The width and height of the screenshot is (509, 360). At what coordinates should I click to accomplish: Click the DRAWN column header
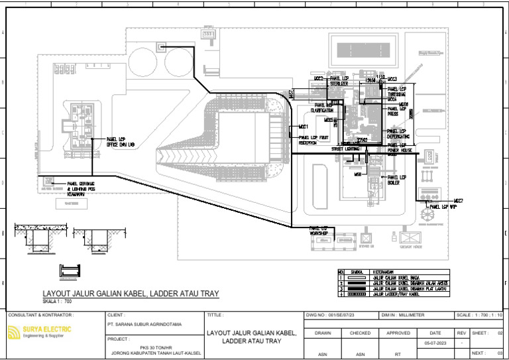click(323, 333)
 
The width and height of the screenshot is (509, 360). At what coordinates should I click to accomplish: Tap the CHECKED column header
click(360, 333)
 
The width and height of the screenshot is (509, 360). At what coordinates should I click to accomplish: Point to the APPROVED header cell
click(398, 333)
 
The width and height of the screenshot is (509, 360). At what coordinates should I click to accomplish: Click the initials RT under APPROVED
click(398, 354)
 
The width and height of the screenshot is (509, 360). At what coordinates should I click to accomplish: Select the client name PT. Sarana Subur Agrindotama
click(143, 325)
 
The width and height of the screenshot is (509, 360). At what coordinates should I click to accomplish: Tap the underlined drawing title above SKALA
click(130, 294)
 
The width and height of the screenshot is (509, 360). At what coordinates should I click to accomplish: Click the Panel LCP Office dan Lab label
click(121, 142)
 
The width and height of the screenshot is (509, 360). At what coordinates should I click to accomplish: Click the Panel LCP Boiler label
click(397, 180)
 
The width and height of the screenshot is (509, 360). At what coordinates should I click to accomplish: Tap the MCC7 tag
click(458, 200)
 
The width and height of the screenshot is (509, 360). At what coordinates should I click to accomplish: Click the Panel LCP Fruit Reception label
click(314, 140)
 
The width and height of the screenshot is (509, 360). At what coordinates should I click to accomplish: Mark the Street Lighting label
click(345, 149)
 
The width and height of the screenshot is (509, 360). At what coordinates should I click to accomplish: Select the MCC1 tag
click(304, 125)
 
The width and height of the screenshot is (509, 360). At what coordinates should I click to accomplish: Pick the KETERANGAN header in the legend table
click(383, 271)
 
